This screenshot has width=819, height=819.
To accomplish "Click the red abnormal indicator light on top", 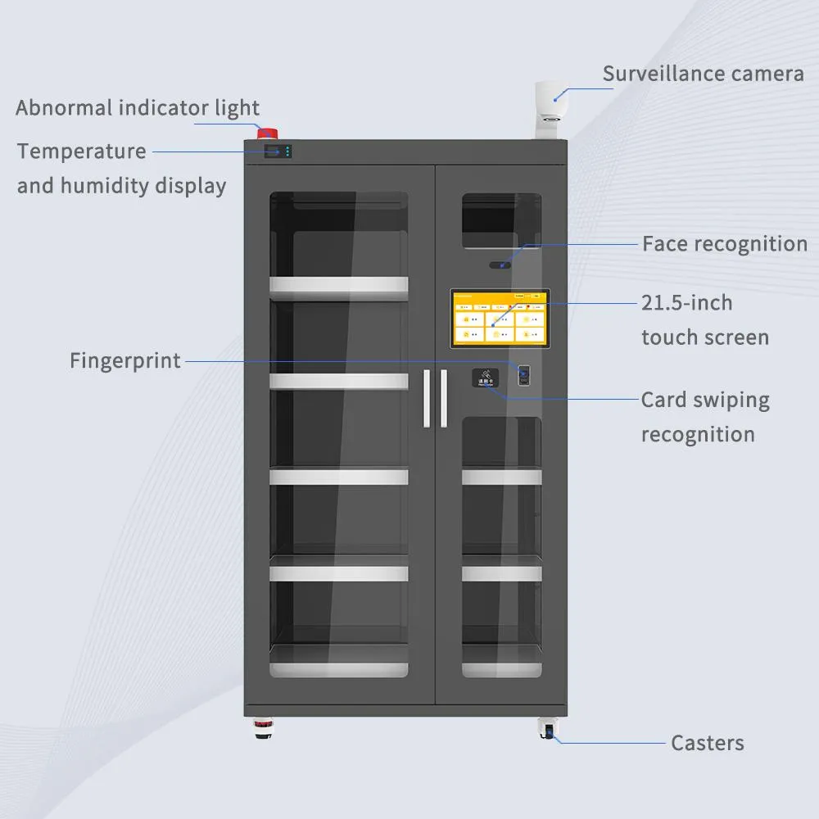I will [x=267, y=133].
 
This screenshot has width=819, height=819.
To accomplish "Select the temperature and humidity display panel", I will [x=277, y=152].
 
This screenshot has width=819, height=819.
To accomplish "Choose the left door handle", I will [x=427, y=398].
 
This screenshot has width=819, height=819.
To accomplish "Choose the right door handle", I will [x=443, y=398].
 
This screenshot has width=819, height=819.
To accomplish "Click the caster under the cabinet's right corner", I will [x=546, y=728].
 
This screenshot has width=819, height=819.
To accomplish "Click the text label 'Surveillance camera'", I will [x=703, y=74].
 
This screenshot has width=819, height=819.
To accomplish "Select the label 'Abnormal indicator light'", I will [x=138, y=107].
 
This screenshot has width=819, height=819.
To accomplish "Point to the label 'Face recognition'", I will [x=724, y=243].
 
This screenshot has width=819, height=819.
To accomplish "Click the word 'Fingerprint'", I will [x=125, y=360].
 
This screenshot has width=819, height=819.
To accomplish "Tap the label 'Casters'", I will [x=707, y=743].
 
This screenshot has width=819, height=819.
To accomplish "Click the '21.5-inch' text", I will [x=686, y=303].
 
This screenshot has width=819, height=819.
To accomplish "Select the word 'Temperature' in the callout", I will [x=82, y=152].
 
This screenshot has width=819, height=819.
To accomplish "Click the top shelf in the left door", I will [x=339, y=284].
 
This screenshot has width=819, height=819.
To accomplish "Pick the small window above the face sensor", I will [x=500, y=221].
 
